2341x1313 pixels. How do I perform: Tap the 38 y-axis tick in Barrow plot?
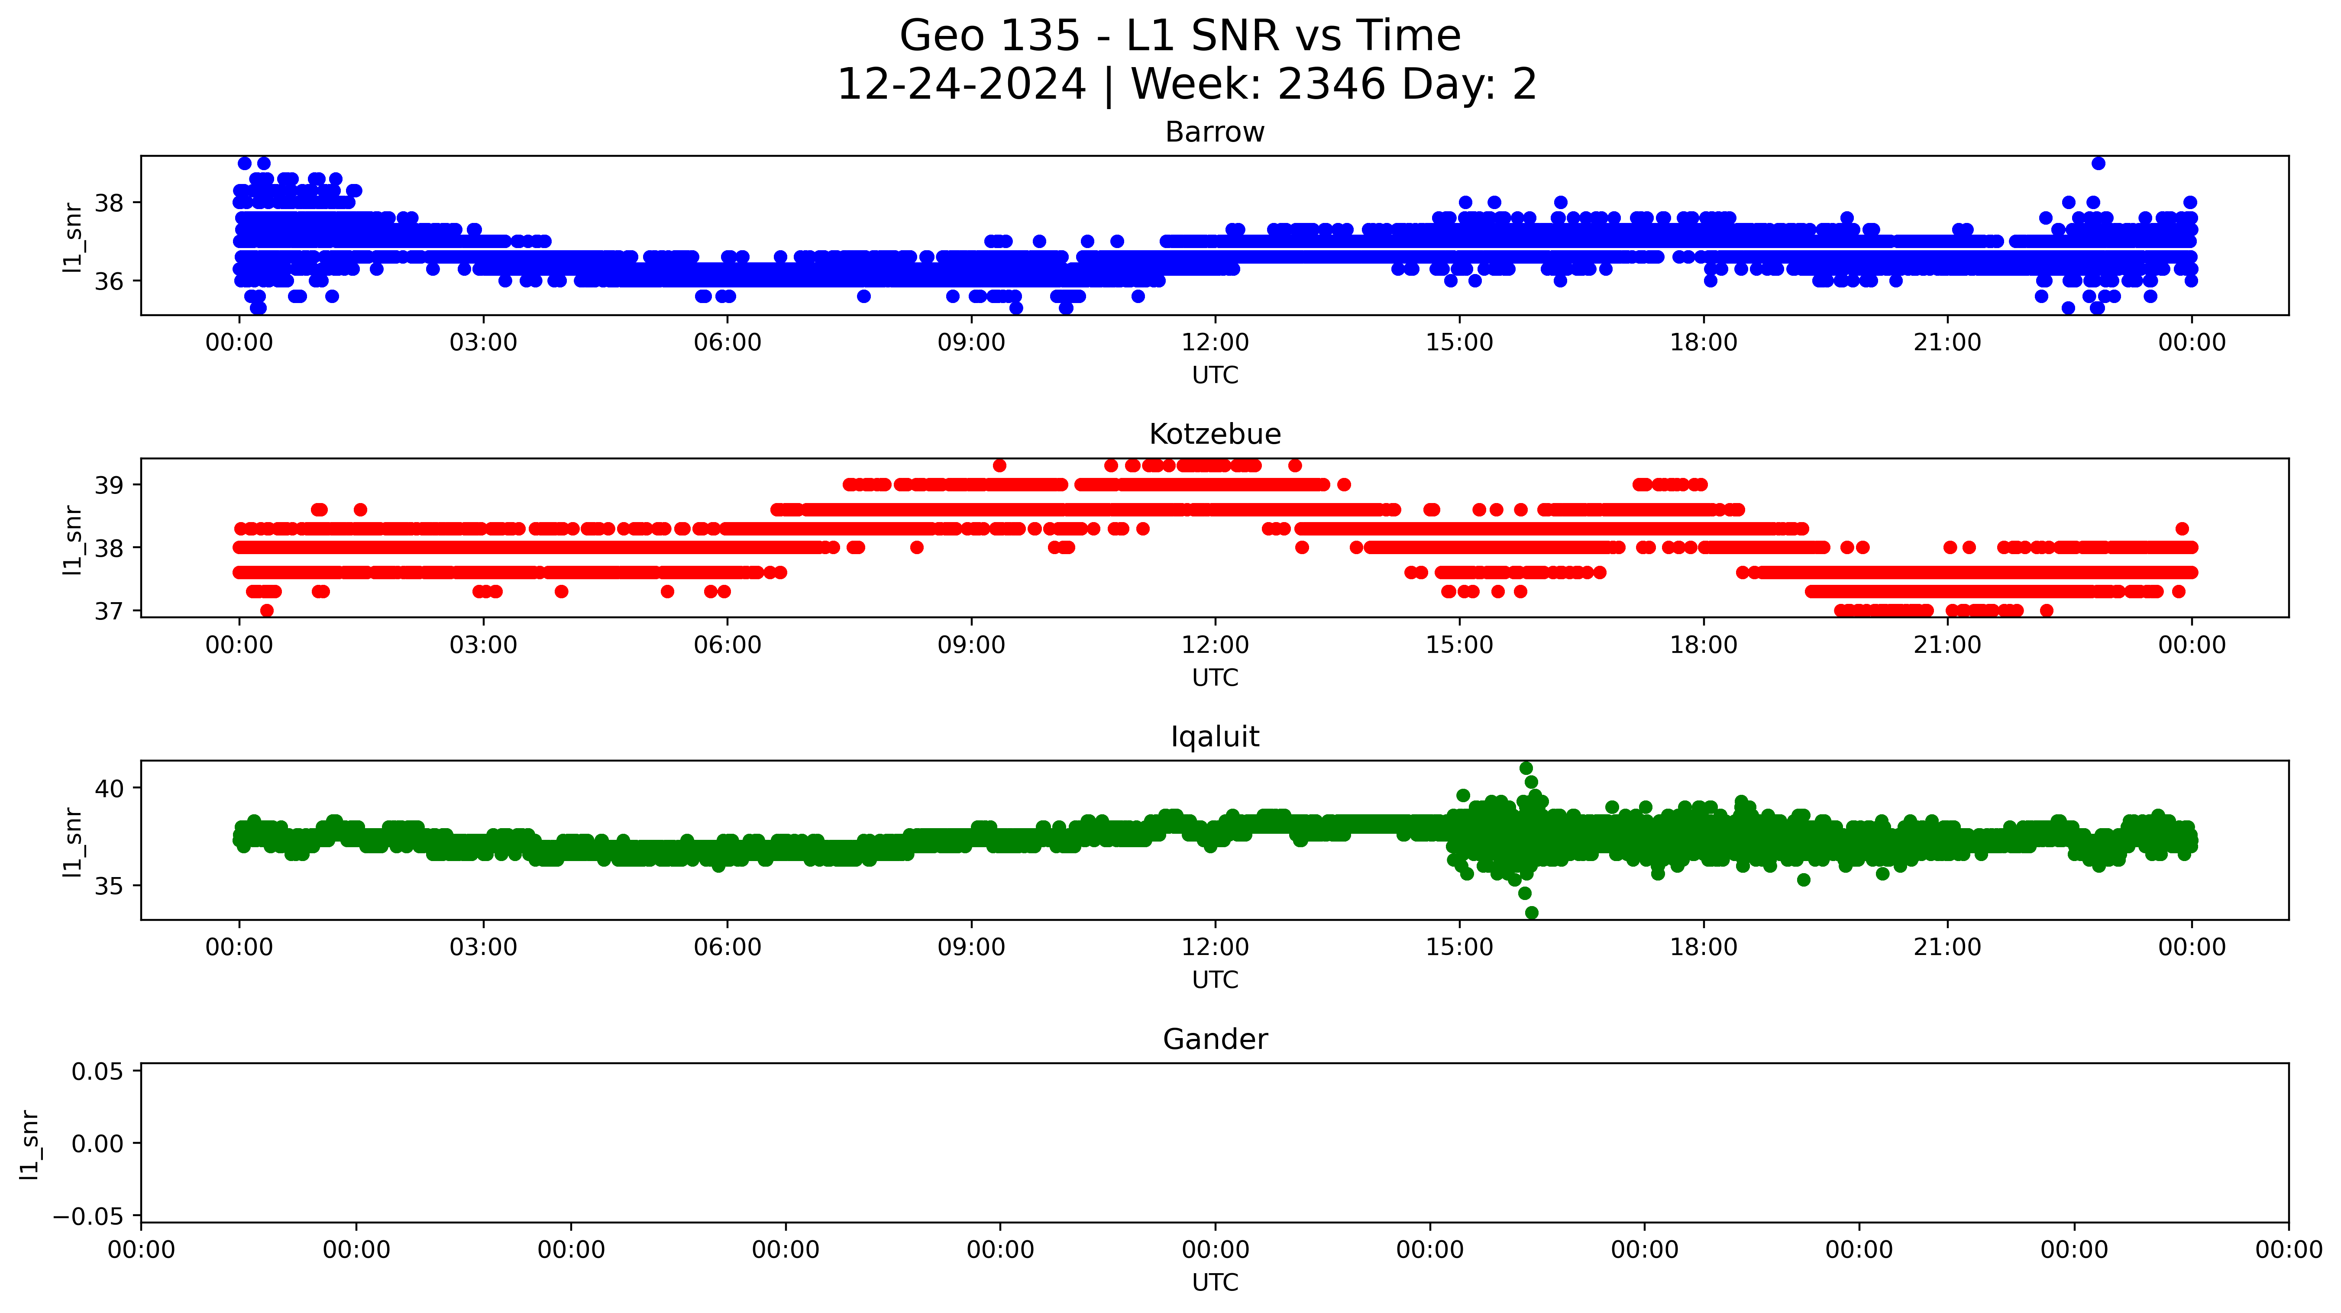(x=109, y=203)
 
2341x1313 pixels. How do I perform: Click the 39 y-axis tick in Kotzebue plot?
(x=109, y=485)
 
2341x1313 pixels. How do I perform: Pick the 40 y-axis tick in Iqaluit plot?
(x=109, y=789)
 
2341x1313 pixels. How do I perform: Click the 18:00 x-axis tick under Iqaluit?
(x=1703, y=948)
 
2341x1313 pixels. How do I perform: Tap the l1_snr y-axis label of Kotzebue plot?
(x=73, y=540)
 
